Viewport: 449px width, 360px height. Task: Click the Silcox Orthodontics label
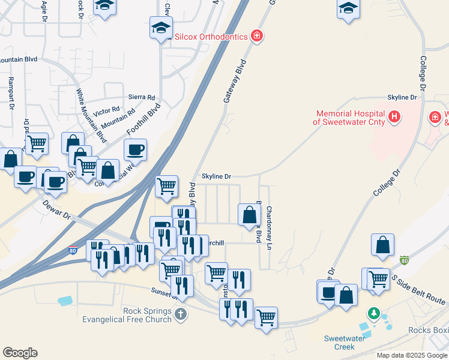tap(211, 37)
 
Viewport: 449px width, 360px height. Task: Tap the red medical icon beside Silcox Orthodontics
tap(256, 36)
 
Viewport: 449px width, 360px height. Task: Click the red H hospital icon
tap(394, 116)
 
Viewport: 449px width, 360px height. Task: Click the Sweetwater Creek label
tap(348, 343)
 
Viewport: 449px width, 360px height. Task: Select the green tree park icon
tap(374, 314)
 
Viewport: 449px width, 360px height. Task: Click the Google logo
tap(20, 353)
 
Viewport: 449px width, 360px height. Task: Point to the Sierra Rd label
tap(142, 97)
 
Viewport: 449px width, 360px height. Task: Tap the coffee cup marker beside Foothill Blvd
tap(135, 149)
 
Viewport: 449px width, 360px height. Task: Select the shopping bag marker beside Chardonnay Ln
tap(249, 214)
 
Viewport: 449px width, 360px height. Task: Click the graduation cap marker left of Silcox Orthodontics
tap(160, 28)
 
